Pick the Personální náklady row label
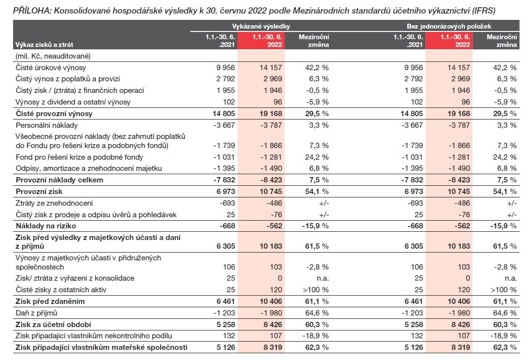46,125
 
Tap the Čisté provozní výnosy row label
54,114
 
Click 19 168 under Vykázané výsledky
271,114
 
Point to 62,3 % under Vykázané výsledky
318,347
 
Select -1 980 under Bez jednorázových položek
458,313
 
